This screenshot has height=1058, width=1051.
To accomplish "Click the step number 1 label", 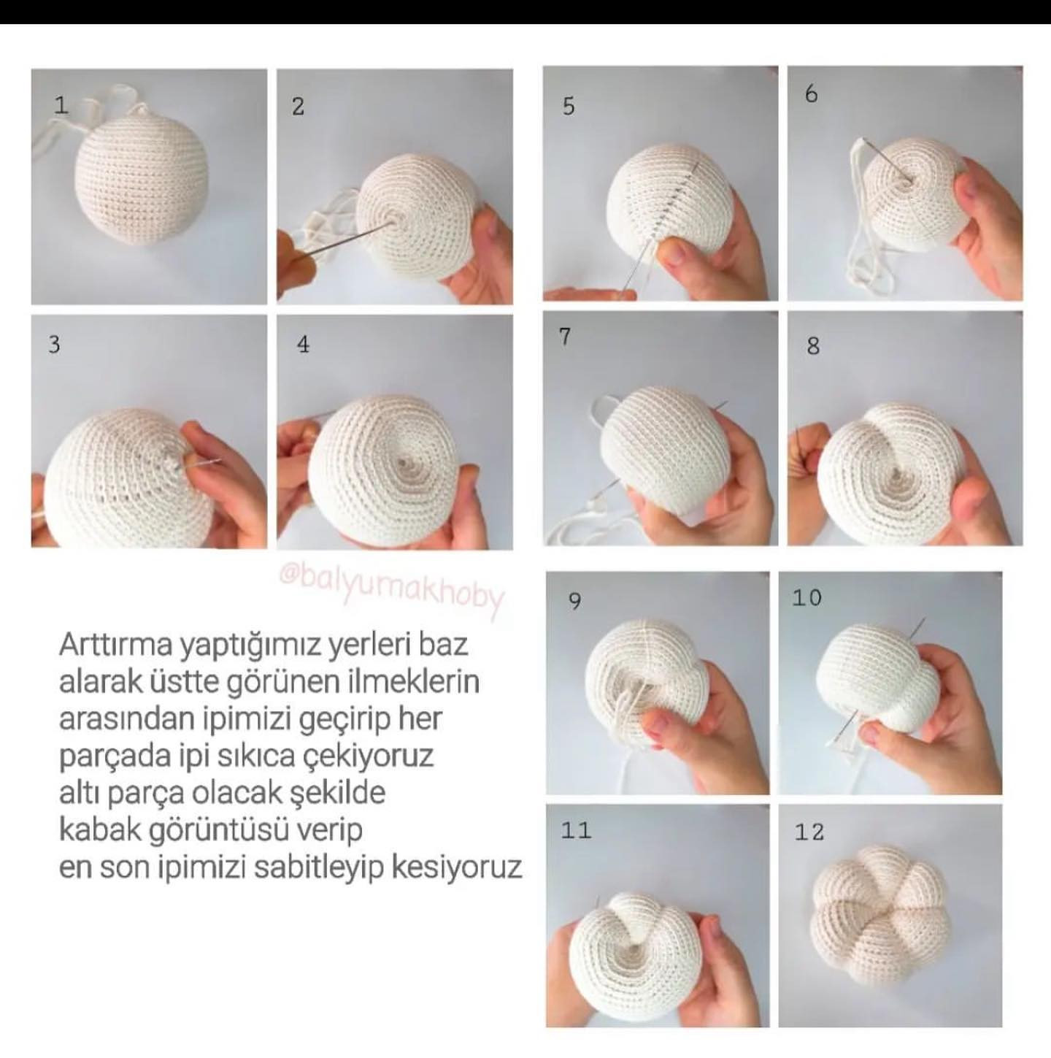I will pos(61,105).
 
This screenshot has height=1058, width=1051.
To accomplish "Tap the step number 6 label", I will pos(811,94).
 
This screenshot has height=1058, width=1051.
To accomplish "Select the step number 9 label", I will pos(574,602).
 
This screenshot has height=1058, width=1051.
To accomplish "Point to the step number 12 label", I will pos(809,832).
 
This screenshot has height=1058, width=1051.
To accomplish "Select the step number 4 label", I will pos(303,344).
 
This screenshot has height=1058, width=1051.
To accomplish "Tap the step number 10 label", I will pos(806,598).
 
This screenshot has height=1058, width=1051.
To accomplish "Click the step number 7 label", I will pos(565,337).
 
